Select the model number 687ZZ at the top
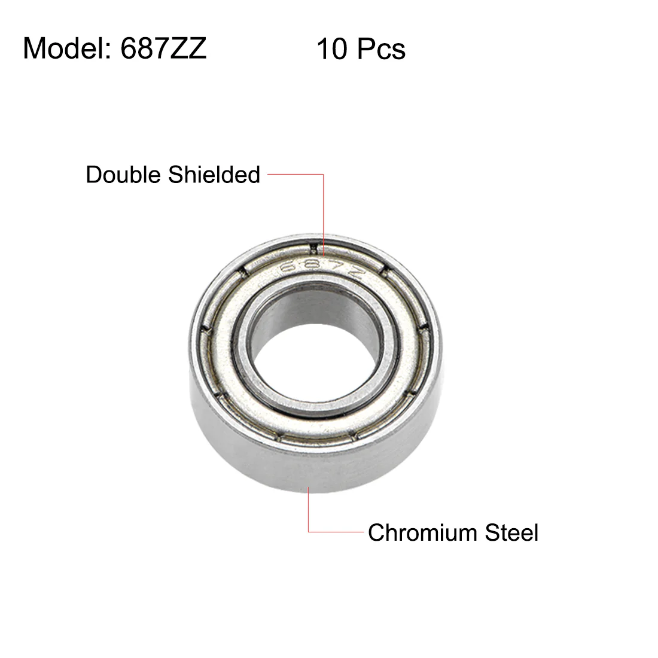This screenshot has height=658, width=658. click(x=164, y=48)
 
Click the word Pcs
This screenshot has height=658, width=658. click(x=381, y=49)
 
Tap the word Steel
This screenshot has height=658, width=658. click(x=511, y=532)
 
